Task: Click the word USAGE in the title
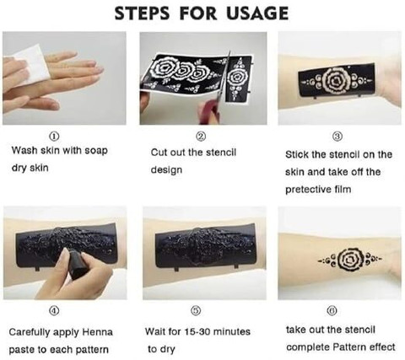pos(257,13)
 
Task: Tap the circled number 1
pos(54,137)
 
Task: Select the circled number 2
pos(201,136)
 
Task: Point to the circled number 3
pos(337,137)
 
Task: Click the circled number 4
pos(54,310)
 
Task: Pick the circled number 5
pos(196,310)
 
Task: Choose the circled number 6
pos(332,310)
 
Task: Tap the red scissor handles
pos(208,112)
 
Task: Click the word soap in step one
pos(96,151)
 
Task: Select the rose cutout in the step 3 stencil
pos(337,81)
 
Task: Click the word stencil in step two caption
pos(221,153)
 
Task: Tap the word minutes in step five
pos(232,332)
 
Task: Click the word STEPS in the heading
pos(143,13)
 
